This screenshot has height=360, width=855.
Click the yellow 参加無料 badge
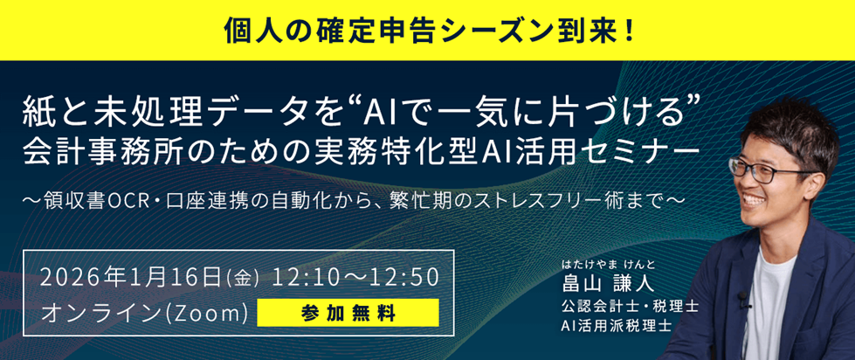(x=348, y=312)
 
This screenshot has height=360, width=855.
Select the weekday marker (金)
(x=243, y=279)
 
